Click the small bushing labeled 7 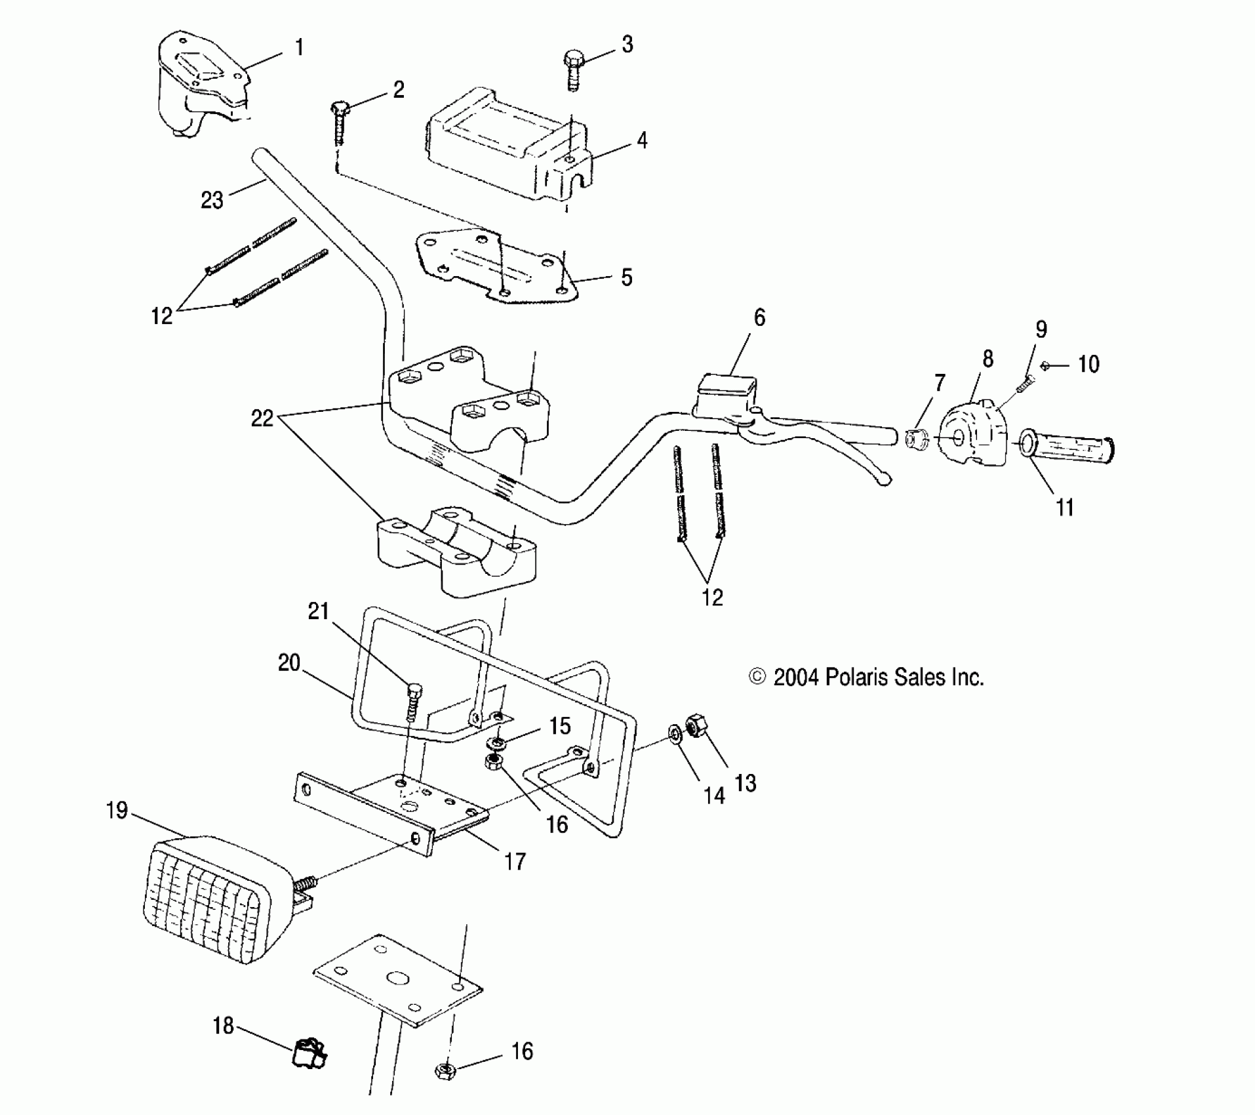pyautogui.click(x=916, y=437)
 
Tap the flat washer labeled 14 pyautogui.click(x=674, y=733)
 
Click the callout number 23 pyautogui.click(x=212, y=199)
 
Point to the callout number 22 pyautogui.click(x=262, y=418)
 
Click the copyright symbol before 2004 pyautogui.click(x=757, y=676)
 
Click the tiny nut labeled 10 pyautogui.click(x=1046, y=366)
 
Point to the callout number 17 pyautogui.click(x=515, y=861)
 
